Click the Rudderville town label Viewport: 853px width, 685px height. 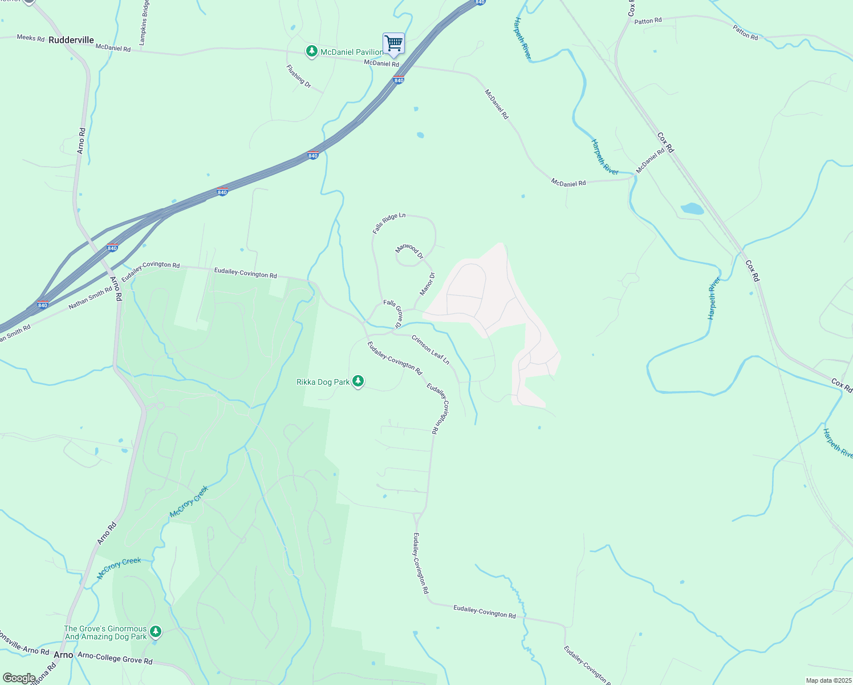coord(71,40)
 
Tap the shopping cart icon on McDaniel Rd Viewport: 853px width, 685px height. coord(393,43)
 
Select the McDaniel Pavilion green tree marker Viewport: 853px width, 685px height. coord(311,52)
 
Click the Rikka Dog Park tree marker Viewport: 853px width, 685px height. coord(358,381)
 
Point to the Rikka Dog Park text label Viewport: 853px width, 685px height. coord(323,382)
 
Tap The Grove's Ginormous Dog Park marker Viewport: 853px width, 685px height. coord(156,632)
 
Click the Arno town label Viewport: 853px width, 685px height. coord(63,655)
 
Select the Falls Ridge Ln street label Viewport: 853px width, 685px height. coord(389,223)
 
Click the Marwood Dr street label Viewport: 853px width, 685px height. coord(409,251)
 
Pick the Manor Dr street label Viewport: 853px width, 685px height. coord(428,284)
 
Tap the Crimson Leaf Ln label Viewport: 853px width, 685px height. coord(430,349)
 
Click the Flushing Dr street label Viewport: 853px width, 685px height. coord(299,76)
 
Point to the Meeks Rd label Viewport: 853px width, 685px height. coord(30,38)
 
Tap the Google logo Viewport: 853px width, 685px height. coord(19,678)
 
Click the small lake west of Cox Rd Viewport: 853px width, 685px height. coord(692,208)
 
